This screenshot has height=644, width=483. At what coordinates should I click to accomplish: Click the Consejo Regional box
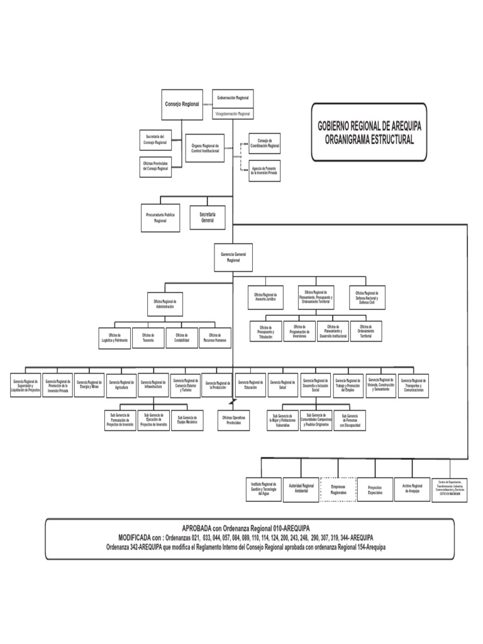(x=182, y=104)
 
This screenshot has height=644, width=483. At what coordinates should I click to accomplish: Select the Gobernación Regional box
(x=233, y=98)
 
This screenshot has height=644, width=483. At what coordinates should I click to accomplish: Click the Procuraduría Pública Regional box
(x=160, y=218)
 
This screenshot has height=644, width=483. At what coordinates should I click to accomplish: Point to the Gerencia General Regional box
(x=233, y=257)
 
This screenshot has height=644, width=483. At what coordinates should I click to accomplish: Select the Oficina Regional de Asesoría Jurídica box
(x=265, y=296)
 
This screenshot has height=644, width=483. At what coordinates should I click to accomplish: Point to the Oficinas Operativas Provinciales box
(x=233, y=419)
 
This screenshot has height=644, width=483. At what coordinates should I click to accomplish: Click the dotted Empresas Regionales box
(x=338, y=489)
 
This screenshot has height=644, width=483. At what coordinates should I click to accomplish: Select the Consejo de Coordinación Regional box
(x=265, y=143)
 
